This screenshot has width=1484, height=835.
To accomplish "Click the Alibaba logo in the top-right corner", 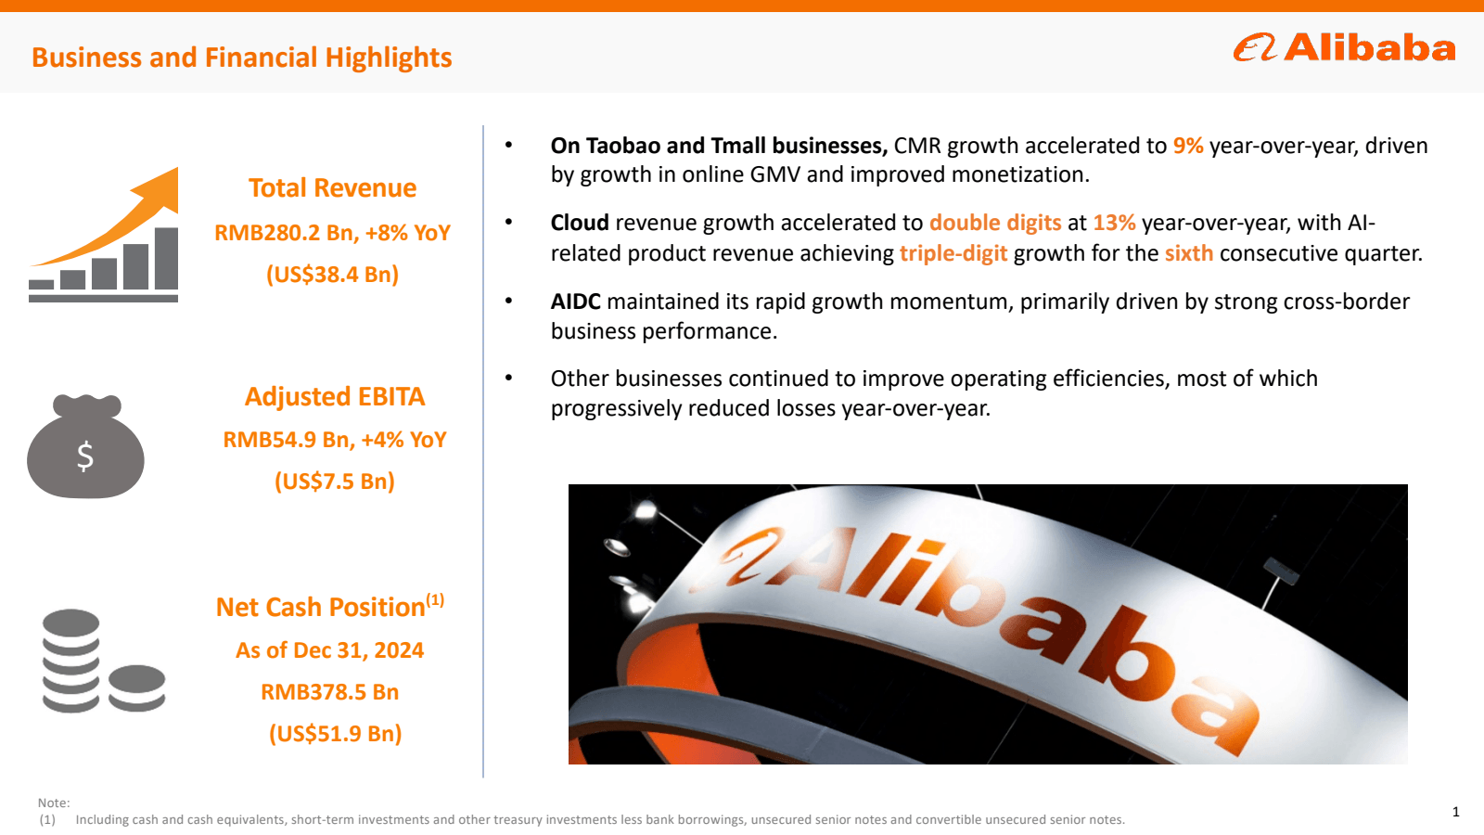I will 1344,47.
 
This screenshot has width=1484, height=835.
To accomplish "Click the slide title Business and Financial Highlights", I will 241,58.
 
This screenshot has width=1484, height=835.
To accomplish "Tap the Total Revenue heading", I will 332,188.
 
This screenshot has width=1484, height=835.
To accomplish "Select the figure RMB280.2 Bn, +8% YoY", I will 332,233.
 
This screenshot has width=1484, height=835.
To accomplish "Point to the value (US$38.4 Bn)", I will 332,275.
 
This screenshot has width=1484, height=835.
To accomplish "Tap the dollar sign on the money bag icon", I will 85,456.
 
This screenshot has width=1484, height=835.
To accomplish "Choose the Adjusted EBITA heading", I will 334,397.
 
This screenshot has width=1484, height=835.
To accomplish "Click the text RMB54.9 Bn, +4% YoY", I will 334,440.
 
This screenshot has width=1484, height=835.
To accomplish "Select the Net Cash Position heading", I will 321,607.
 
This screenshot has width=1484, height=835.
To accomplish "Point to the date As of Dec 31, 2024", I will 329,650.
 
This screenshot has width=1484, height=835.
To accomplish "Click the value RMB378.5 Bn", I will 329,692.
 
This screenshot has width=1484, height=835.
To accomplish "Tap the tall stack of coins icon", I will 70,661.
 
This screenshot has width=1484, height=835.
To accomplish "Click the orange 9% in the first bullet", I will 1187,146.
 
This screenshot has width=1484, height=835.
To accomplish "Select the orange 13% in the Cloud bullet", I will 1114,223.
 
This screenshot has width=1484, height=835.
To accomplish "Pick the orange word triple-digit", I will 953,253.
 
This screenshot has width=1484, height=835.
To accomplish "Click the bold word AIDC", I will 575,302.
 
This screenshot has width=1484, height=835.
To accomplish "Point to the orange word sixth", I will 1188,253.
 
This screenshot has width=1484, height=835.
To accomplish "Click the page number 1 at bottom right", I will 1455,812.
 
